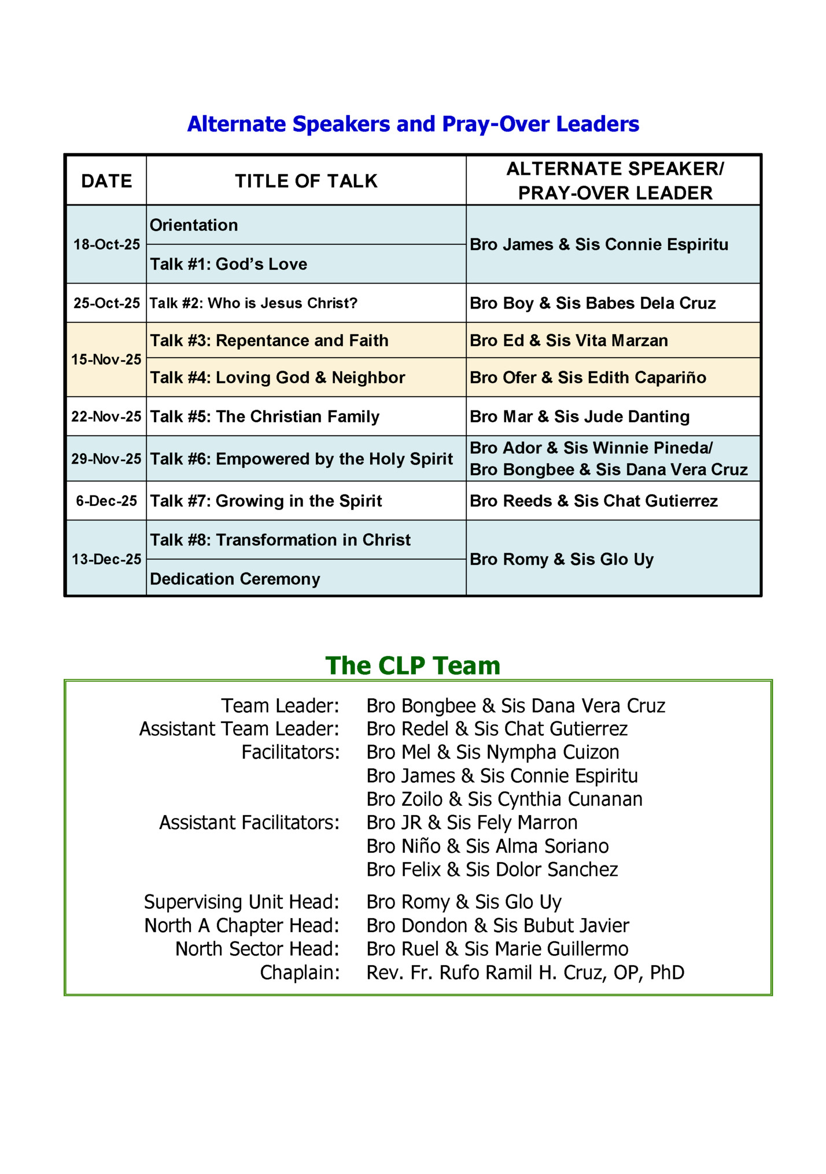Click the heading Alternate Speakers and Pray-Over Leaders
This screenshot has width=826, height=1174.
[413, 124]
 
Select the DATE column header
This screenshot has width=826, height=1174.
[106, 181]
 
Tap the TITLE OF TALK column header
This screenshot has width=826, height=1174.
[306, 181]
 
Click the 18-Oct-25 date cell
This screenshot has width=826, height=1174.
[106, 244]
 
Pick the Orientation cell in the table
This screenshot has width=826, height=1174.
[194, 225]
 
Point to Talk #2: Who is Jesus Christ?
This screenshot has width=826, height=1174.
[253, 303]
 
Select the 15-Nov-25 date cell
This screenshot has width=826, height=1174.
[106, 359]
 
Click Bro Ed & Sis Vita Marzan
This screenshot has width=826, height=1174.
[569, 340]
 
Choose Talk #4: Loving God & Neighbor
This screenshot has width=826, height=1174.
[278, 377]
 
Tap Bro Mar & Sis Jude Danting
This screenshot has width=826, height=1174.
[580, 417]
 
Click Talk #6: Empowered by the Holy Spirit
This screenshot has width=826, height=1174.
[301, 459]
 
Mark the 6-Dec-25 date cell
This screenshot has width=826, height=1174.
[106, 501]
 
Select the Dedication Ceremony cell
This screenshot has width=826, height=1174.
[235, 579]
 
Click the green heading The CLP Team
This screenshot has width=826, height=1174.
[412, 666]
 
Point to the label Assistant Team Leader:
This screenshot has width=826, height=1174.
[239, 729]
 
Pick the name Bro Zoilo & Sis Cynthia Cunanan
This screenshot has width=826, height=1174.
[504, 799]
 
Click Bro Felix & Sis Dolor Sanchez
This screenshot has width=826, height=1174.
[492, 870]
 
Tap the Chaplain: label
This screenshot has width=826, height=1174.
[300, 973]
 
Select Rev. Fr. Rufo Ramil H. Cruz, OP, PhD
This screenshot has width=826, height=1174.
[525, 973]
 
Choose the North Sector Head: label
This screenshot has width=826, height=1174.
[257, 949]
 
